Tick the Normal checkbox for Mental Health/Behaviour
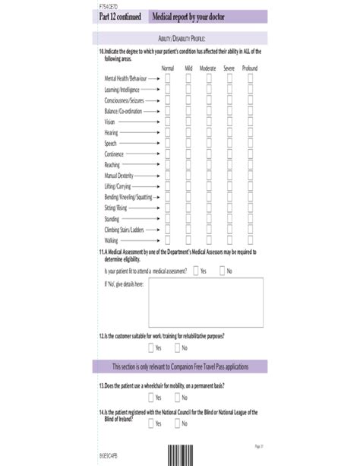(168, 78)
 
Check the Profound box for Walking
(250, 239)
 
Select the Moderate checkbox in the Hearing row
(208, 132)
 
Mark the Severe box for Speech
(229, 143)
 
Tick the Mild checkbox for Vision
(188, 122)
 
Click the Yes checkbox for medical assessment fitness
(195, 270)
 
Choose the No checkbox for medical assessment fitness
(222, 270)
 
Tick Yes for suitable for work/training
(150, 347)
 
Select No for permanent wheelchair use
(176, 397)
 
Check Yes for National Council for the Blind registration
(150, 423)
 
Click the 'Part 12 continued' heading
(120, 16)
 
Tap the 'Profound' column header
(250, 68)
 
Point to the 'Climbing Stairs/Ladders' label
(124, 229)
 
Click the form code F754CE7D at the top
(106, 5)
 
